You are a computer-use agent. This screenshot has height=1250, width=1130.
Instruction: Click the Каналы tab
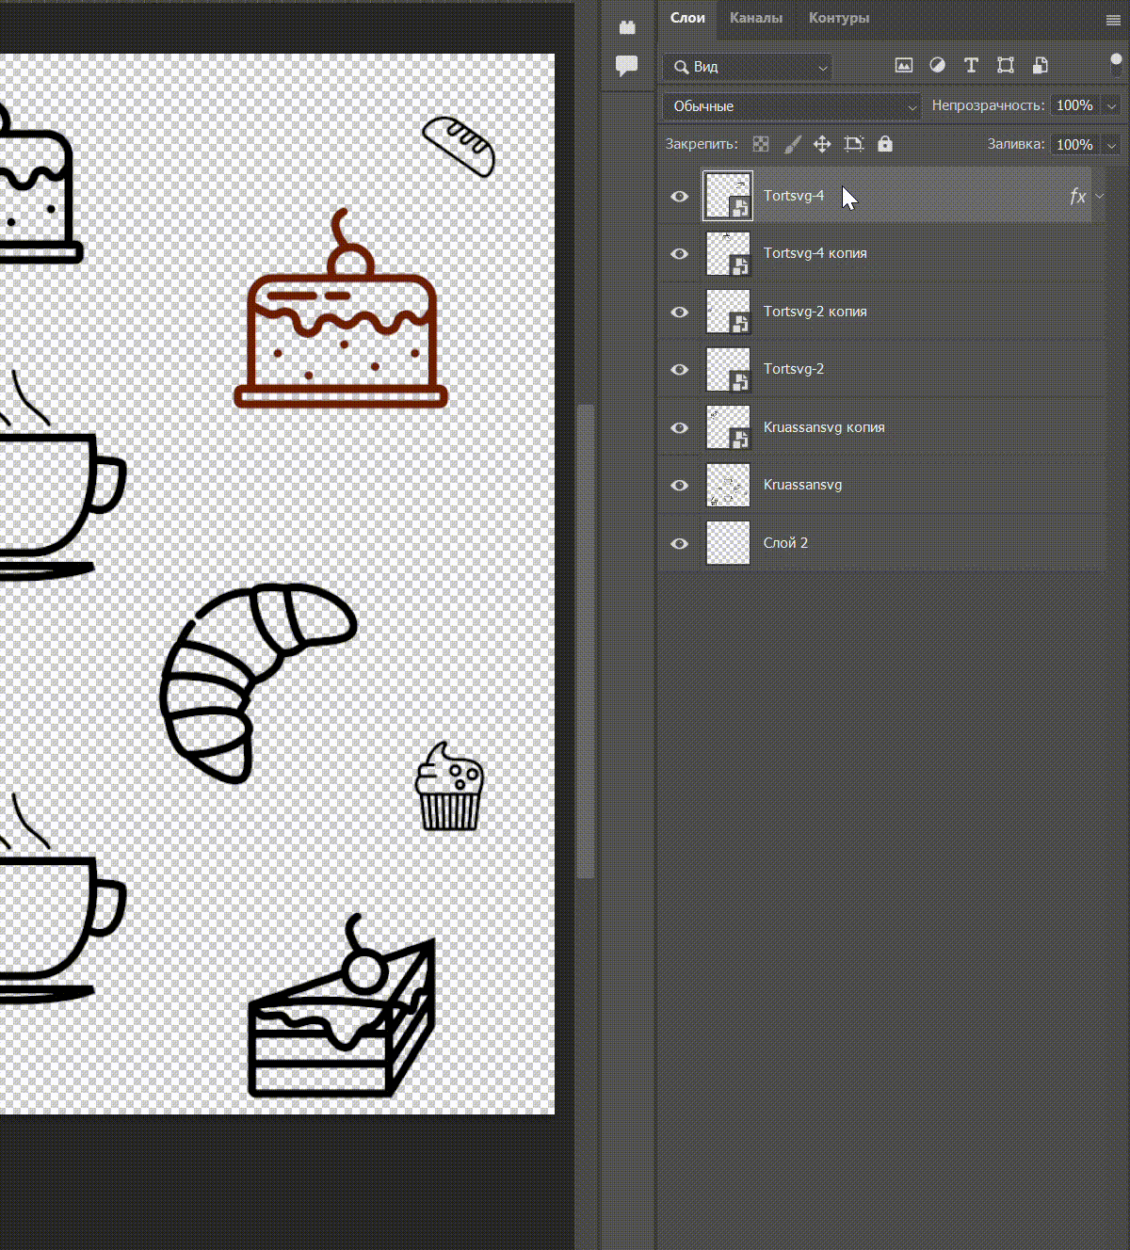point(756,18)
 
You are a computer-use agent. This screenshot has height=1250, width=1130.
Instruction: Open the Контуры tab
point(839,18)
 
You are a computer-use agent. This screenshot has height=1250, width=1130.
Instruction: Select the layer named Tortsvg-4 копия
point(815,253)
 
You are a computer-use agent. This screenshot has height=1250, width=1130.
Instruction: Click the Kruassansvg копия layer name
point(824,427)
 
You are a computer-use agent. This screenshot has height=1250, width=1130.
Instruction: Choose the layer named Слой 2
point(785,543)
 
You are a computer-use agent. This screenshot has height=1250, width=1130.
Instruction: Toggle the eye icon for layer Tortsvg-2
point(679,370)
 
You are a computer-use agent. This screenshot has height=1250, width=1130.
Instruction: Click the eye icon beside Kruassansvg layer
point(679,486)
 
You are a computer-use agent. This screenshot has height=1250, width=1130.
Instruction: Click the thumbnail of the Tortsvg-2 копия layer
point(728,312)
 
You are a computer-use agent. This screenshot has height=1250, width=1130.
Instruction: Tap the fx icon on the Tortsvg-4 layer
point(1077,197)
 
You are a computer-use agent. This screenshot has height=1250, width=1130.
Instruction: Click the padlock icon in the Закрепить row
point(885,144)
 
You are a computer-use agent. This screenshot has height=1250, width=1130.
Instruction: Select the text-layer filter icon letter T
point(971,66)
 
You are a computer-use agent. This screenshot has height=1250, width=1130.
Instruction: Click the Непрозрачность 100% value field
point(1074,105)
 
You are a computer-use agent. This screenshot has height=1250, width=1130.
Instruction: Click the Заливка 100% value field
point(1074,145)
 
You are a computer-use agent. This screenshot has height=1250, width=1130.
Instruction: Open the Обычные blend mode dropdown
point(791,106)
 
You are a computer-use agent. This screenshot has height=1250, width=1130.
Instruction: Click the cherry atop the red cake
point(351,261)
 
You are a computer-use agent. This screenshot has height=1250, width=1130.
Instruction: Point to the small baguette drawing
point(459,147)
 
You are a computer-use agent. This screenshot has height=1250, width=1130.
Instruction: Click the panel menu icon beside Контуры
point(1113,20)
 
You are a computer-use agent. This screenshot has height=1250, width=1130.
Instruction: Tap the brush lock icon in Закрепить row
point(792,145)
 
